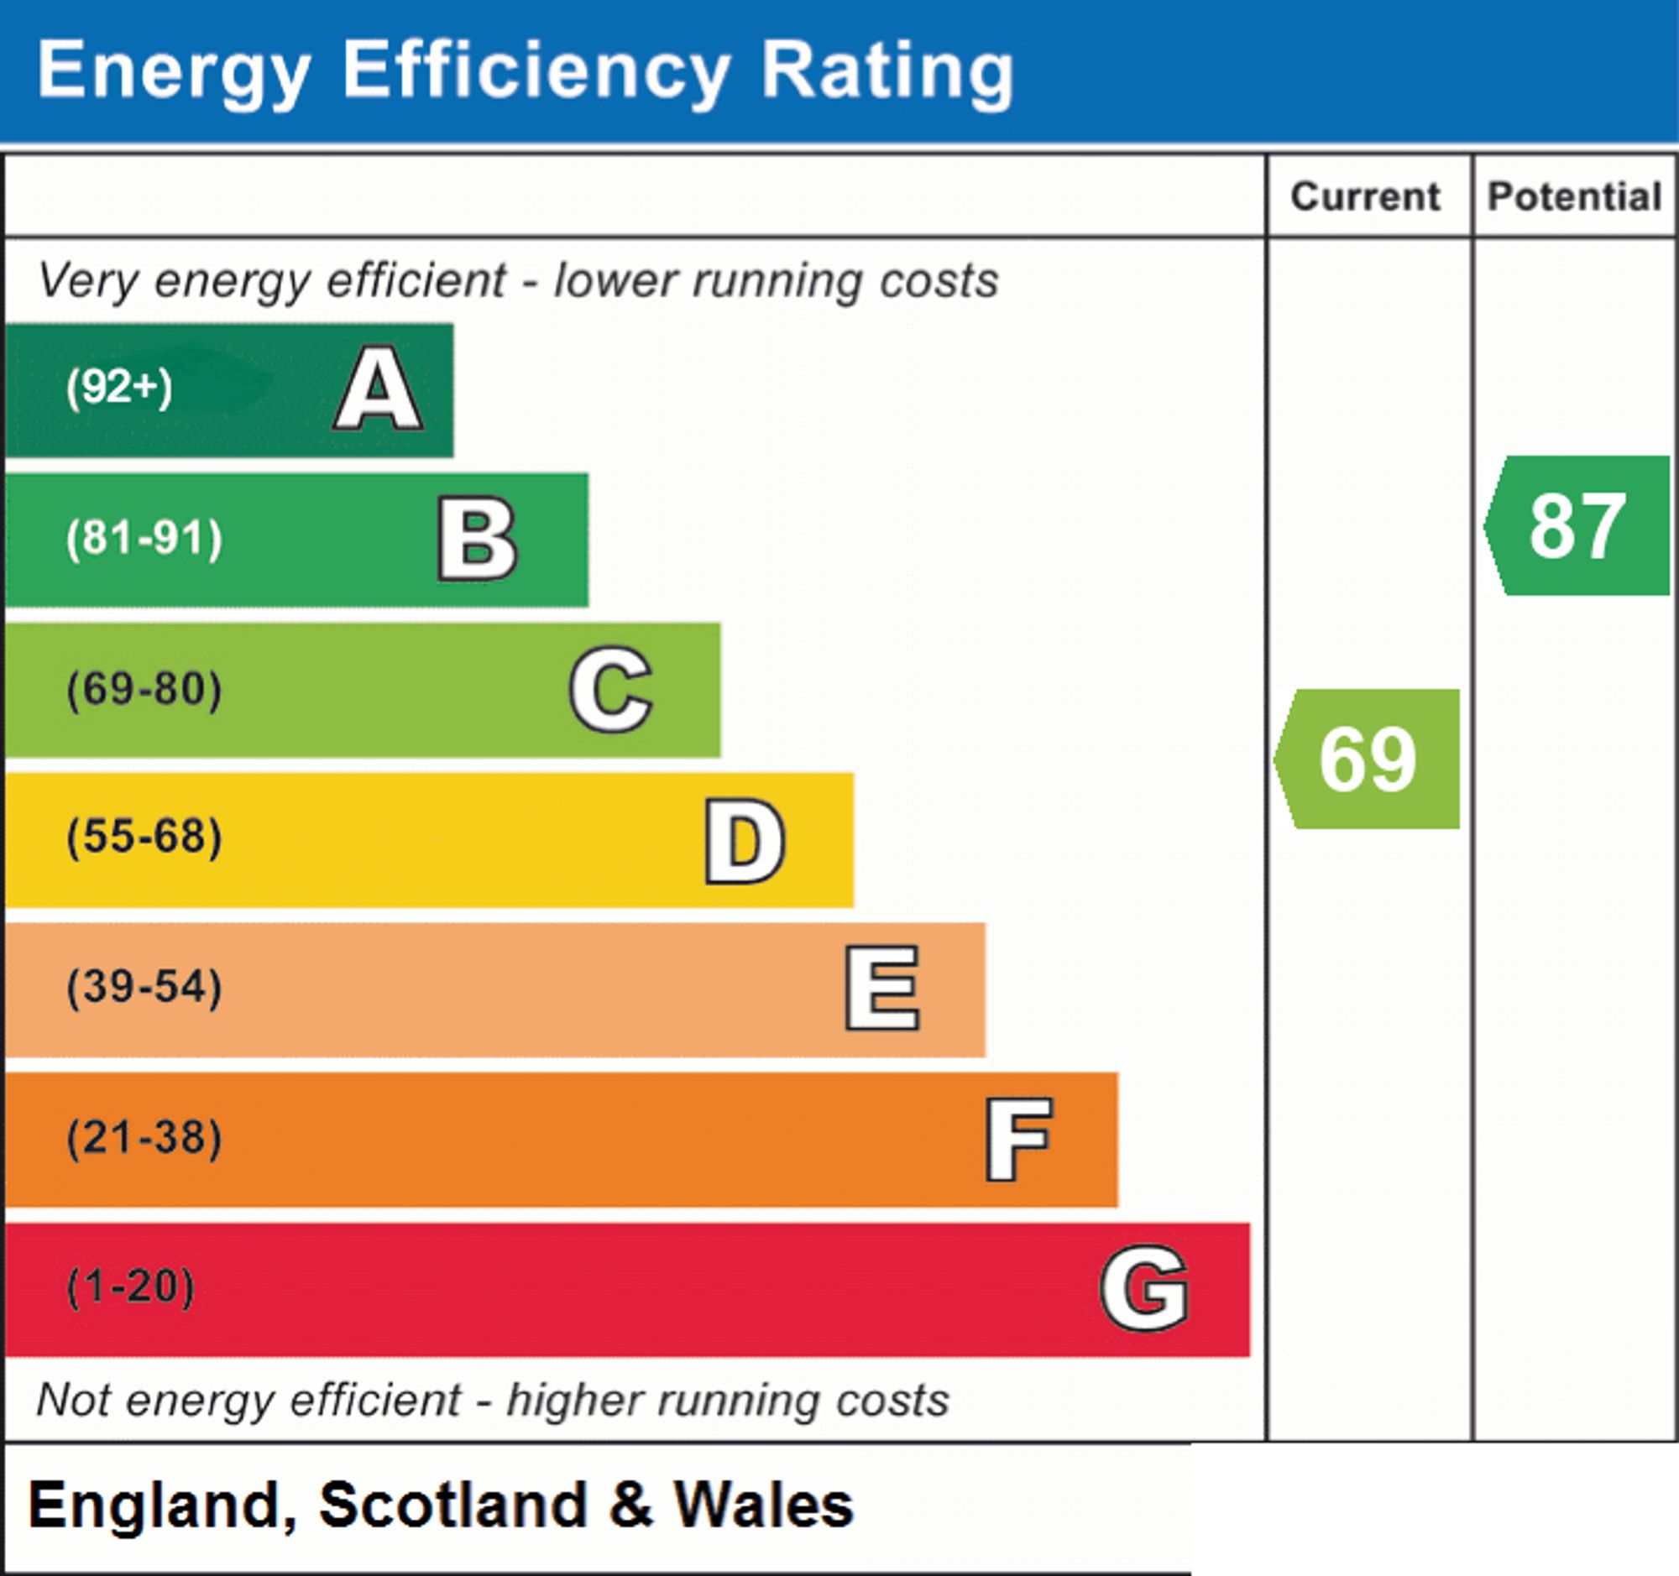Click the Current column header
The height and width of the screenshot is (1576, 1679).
click(x=1365, y=196)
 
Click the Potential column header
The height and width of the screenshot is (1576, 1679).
click(x=1574, y=196)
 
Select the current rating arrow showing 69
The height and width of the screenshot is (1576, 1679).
click(x=1367, y=759)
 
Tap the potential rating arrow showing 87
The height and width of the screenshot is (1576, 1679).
click(x=1577, y=525)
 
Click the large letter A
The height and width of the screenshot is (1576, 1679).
click(x=379, y=389)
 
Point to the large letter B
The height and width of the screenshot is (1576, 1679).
click(x=477, y=539)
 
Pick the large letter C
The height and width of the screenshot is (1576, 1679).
click(x=611, y=689)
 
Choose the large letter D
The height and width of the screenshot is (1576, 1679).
click(x=745, y=841)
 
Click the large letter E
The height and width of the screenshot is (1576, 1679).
click(x=882, y=988)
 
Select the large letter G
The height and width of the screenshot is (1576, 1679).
click(x=1145, y=1288)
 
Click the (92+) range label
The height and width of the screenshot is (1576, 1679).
click(x=119, y=388)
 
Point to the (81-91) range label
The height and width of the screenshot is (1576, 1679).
click(x=144, y=539)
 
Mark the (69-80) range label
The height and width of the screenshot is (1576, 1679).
click(x=144, y=689)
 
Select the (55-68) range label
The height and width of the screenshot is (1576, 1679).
click(x=144, y=838)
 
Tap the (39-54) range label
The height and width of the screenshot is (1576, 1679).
click(x=144, y=988)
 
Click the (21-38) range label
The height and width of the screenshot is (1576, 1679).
click(x=144, y=1138)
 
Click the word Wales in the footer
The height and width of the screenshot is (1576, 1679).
click(x=763, y=1504)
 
